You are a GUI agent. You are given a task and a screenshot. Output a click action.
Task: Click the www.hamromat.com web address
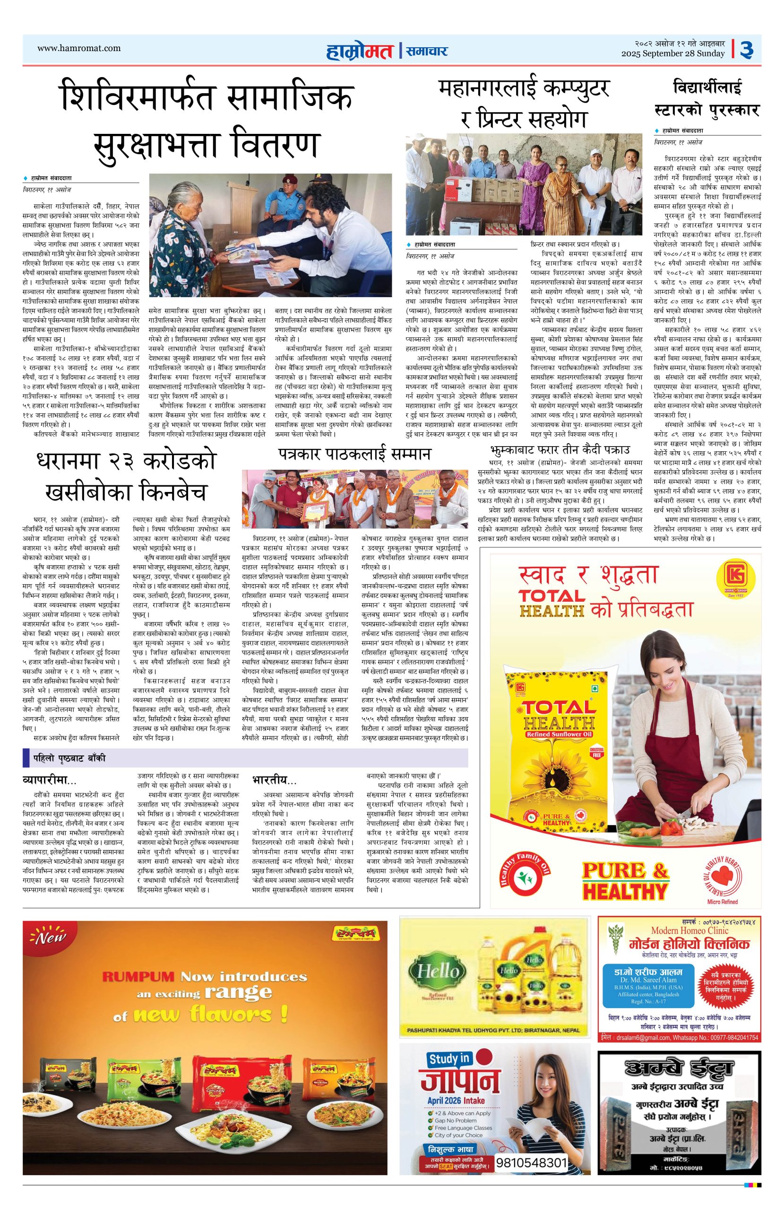click(x=79, y=48)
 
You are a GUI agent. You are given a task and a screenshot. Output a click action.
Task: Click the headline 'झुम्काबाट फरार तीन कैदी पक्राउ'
click(x=559, y=450)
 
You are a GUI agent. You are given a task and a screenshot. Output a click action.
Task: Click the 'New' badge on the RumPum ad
click(x=47, y=938)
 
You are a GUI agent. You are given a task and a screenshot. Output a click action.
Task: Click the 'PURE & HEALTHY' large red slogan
click(x=625, y=881)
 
